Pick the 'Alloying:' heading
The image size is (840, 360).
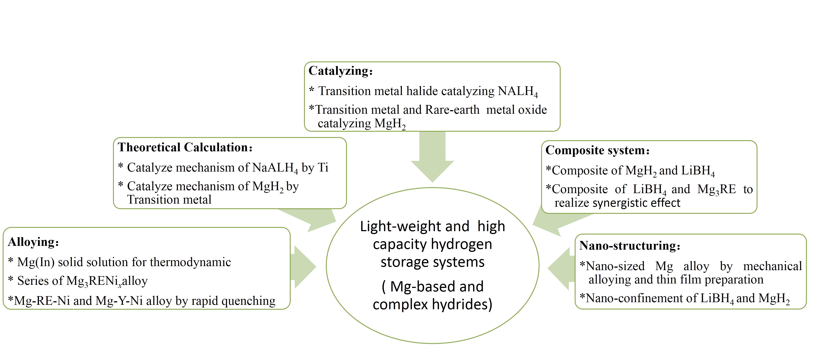(x=33, y=242)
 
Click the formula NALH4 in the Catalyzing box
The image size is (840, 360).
(x=518, y=92)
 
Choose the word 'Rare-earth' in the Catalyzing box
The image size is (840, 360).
(x=452, y=110)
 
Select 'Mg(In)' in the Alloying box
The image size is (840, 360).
(x=36, y=262)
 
